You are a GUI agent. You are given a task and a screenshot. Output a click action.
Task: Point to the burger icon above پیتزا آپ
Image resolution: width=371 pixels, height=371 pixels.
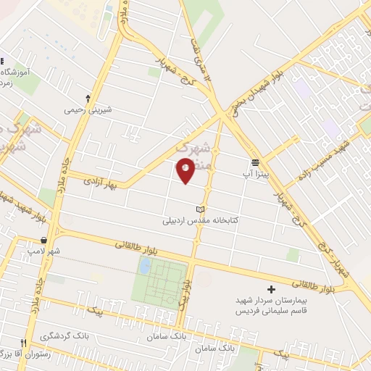coord(255,163)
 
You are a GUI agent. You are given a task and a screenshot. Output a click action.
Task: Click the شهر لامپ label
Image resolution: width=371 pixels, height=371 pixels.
coord(43,251)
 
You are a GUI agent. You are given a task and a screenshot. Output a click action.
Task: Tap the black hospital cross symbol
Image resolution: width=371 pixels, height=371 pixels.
coord(272,289)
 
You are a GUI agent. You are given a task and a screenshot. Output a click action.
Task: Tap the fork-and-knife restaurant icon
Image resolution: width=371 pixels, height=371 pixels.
coord(23,342)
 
